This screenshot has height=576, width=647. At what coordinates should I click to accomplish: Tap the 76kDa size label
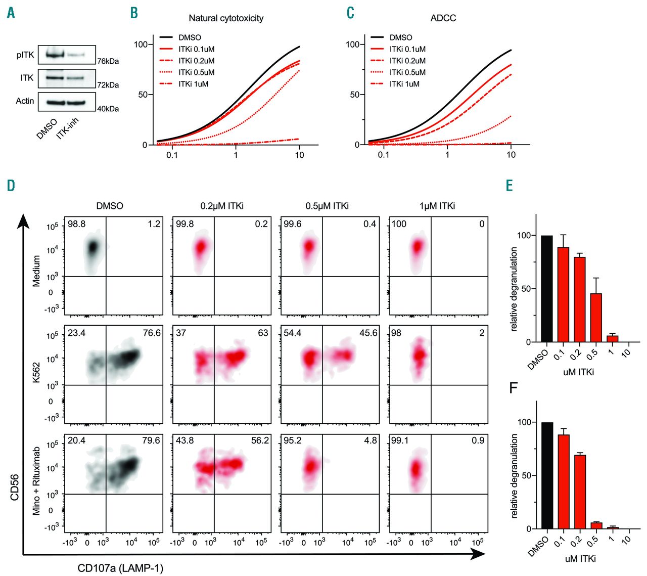point(108,61)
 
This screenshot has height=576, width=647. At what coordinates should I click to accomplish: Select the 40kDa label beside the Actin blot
point(108,109)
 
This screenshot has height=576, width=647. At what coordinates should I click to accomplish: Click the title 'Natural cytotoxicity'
point(226,18)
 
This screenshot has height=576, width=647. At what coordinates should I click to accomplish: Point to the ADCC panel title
point(443,18)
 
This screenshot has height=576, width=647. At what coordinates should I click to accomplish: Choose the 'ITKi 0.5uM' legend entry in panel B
point(196,72)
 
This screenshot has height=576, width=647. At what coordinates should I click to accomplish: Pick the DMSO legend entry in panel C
point(400,37)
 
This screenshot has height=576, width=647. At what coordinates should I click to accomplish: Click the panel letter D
point(11,186)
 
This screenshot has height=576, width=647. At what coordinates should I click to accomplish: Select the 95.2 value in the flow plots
point(292,440)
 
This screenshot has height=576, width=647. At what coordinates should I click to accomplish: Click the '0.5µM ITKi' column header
point(327,206)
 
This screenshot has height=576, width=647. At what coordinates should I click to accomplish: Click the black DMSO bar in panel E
point(546,289)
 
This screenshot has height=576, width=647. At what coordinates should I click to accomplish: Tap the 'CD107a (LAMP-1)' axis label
point(120,568)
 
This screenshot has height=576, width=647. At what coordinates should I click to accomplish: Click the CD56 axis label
point(15,486)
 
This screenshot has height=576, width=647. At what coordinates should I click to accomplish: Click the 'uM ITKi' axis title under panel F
point(580,559)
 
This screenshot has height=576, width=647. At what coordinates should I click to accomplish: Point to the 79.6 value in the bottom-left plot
point(151,440)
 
